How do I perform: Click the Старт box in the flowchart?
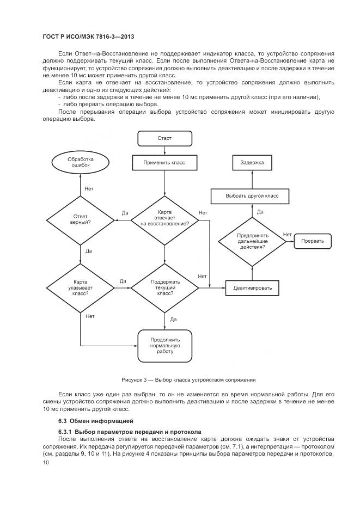coord(164,138)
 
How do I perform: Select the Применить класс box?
coord(164,162)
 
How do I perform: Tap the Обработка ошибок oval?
coord(81,162)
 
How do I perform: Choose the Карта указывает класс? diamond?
coord(81,287)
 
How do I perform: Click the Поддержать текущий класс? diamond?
coord(164,287)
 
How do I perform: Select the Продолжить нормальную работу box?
coord(164,345)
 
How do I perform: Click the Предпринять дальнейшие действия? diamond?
coord(252,240)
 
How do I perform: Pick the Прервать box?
coord(313,241)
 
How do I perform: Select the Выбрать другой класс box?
coord(252,195)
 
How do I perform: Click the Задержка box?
coord(252,162)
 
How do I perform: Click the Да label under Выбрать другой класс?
coord(260,211)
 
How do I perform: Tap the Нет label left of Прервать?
coord(287,234)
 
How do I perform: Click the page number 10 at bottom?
coord(46,462)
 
